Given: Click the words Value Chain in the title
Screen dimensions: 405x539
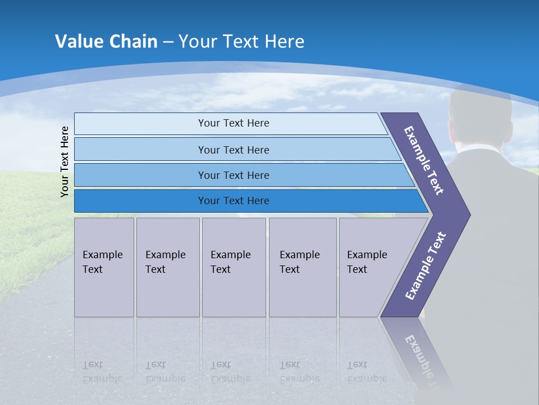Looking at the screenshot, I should tap(106, 42).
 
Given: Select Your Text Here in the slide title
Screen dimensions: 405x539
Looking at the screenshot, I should tap(241, 42).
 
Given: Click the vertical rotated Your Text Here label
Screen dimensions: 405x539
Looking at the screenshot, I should tap(65, 161).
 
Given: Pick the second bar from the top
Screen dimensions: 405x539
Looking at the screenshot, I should tap(233, 150).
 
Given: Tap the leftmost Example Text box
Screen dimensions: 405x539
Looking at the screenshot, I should tap(104, 267).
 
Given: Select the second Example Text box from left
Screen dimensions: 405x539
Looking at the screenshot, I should tap(167, 267).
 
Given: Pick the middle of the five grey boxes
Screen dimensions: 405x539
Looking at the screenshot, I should tap(234, 267).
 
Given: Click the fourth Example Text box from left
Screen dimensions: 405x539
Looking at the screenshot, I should tap(303, 267).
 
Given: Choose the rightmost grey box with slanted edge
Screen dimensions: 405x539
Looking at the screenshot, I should tap(371, 267).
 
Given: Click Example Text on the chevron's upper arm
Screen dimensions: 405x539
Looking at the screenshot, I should tap(424, 160).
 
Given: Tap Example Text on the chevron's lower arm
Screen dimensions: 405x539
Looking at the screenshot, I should tap(426, 266).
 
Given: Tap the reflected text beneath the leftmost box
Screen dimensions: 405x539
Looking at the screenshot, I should tap(102, 372).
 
